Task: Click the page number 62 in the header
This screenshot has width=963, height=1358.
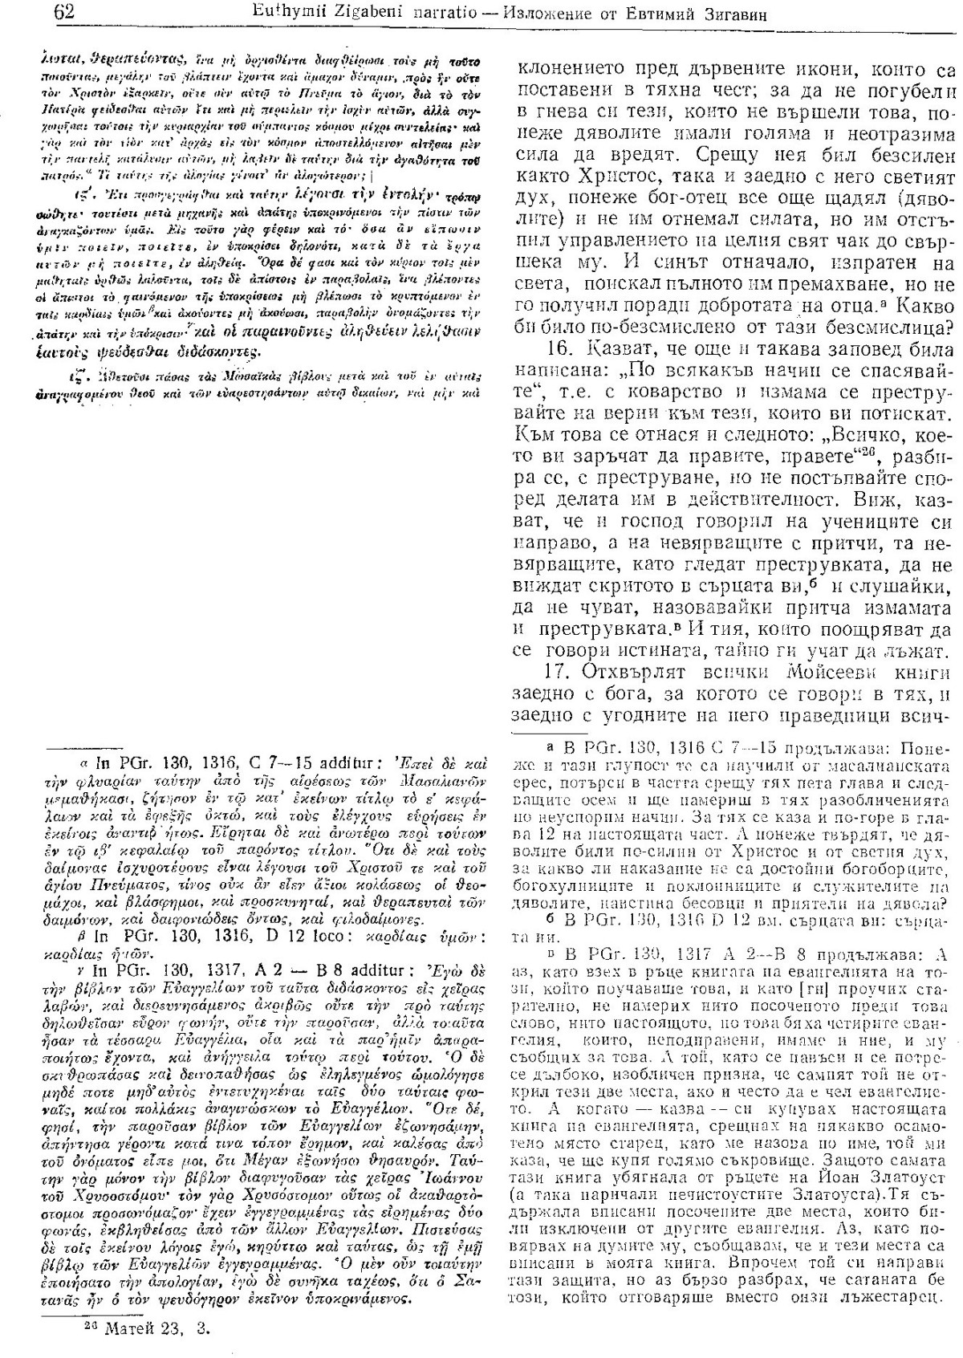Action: [x=60, y=12]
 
